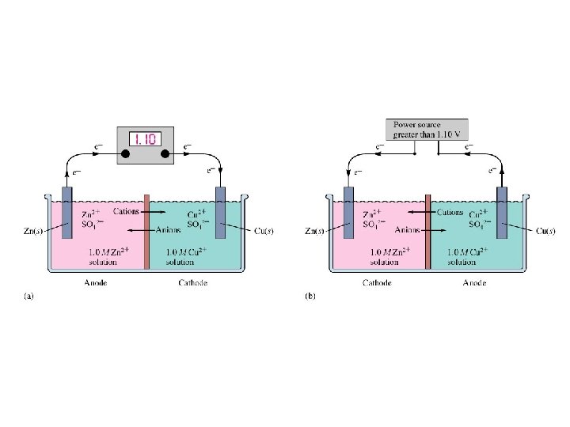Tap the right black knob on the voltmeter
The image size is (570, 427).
tap(165, 153)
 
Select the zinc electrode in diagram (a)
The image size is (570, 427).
tap(66, 229)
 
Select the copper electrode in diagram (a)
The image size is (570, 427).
tap(220, 229)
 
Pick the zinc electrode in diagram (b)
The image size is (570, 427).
tap(348, 229)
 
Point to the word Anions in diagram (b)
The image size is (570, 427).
tap(407, 230)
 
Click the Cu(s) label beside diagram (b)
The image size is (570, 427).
tap(547, 231)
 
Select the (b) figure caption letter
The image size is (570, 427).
tap(310, 297)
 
